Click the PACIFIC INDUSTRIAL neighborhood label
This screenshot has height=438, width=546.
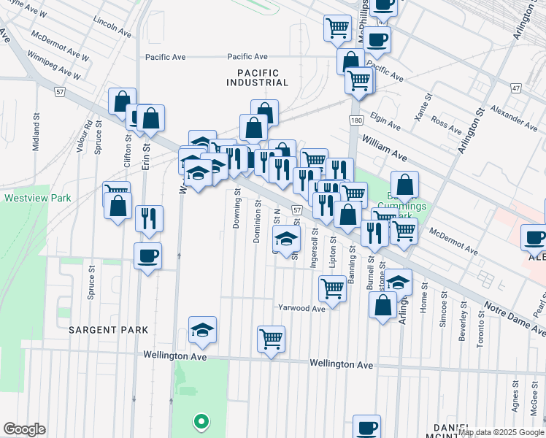coord(258,77)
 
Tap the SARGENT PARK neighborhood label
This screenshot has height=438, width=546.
coord(109,330)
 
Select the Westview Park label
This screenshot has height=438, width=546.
coord(37,198)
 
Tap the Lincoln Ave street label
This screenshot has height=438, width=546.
coord(113,25)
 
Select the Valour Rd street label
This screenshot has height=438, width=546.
coord(88,134)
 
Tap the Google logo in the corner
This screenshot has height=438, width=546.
coord(24,429)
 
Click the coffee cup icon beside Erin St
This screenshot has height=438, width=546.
coord(148,256)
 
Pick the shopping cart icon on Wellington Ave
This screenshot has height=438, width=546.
coord(271,338)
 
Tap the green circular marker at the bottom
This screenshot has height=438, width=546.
coord(199,421)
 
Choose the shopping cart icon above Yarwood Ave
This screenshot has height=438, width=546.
coord(332,288)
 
